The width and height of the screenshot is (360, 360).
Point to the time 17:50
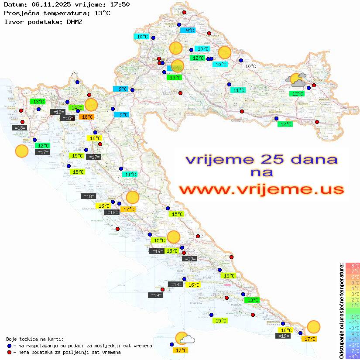pos(119,4)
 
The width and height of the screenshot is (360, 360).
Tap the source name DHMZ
pos(74,21)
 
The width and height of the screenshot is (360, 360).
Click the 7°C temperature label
pos(74,75)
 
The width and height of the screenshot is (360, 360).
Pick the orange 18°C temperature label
pos(87,117)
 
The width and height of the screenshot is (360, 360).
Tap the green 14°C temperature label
pos(76,108)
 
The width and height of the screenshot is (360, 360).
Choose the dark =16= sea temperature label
pos(67,118)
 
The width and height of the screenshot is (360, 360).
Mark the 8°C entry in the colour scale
pos(353,265)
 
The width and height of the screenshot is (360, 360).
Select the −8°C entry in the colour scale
pos(353,356)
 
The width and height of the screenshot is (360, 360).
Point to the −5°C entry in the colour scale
pos(353,339)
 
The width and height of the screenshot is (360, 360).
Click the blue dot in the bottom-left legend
pos(10,346)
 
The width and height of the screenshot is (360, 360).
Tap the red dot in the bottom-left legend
pos(10,352)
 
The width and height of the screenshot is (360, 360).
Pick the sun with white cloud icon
pos(184,339)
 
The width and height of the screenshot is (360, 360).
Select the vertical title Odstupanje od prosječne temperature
pos(341,311)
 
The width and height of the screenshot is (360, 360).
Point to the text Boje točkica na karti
pos(35,339)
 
